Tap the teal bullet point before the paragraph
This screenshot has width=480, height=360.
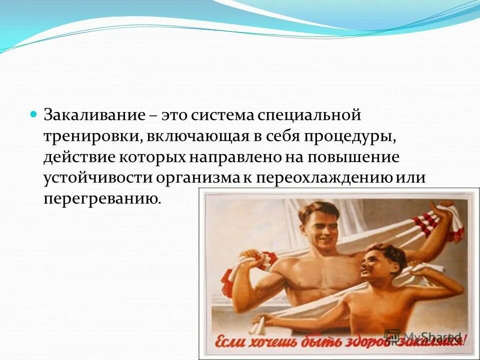[34, 114]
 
